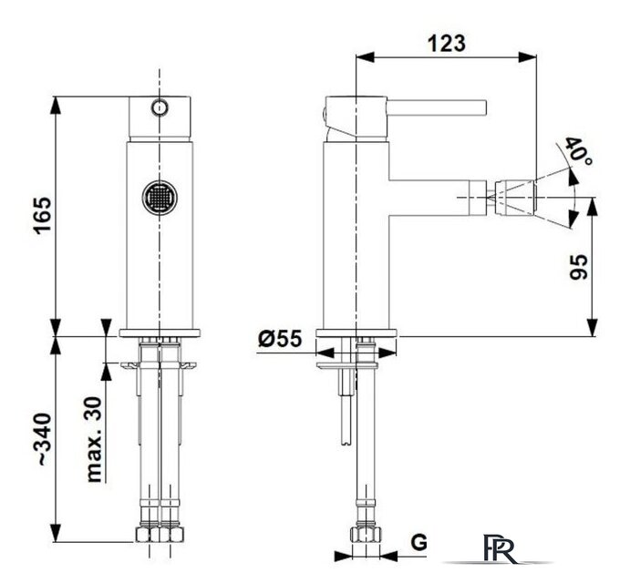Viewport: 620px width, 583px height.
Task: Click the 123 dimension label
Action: (447, 43)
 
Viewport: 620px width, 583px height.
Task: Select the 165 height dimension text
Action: (42, 215)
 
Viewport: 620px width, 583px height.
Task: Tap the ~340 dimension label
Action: (42, 439)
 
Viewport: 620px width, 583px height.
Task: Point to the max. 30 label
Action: (94, 439)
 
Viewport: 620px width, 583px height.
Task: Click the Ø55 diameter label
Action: (280, 338)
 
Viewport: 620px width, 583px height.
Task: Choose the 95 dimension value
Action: (578, 267)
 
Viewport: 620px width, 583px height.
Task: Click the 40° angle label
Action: (579, 151)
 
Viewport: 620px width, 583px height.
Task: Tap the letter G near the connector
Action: (418, 542)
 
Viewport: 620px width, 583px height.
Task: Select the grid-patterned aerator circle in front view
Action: (160, 198)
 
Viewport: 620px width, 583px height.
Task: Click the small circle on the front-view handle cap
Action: (160, 107)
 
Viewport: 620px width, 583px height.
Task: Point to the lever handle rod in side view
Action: (436, 107)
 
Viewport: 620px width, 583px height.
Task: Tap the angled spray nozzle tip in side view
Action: (514, 198)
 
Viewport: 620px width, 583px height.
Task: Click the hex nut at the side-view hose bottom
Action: (366, 535)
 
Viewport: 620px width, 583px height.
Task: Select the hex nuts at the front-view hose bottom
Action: (160, 535)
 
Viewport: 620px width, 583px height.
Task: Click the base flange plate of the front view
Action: (160, 332)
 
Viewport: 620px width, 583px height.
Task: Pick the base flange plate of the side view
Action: (356, 332)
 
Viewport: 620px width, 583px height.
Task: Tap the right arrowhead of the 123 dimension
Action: (528, 56)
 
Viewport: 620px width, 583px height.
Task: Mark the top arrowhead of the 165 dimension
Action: (56, 105)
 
